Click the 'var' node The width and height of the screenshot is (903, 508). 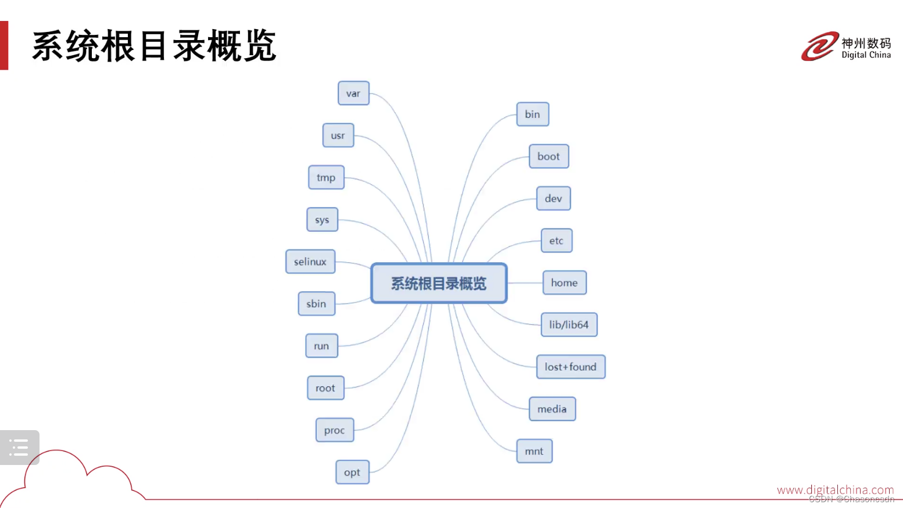(x=353, y=93)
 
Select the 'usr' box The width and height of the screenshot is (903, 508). (x=338, y=135)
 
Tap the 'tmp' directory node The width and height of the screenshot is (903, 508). (x=326, y=177)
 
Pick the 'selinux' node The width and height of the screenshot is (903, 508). (x=310, y=262)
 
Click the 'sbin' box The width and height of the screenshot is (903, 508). (x=317, y=303)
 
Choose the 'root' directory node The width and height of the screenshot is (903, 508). (x=325, y=388)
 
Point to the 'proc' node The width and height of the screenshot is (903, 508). (x=335, y=430)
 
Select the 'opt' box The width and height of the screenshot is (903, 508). (x=352, y=472)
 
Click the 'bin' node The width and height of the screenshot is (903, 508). (x=532, y=114)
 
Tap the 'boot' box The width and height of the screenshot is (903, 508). (x=549, y=156)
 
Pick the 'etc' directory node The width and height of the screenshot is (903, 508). (x=556, y=241)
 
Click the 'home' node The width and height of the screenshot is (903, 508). (x=564, y=282)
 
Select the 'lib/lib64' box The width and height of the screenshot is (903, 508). (x=569, y=324)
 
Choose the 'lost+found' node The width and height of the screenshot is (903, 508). (x=571, y=367)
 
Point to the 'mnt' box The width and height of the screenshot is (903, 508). (x=534, y=451)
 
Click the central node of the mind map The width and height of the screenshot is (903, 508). (x=439, y=283)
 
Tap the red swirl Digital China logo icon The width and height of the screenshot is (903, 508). (x=820, y=46)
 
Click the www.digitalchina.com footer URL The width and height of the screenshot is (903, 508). (x=835, y=490)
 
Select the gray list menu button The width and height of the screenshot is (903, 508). (x=19, y=447)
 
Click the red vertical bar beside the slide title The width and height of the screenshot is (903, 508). (x=4, y=45)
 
